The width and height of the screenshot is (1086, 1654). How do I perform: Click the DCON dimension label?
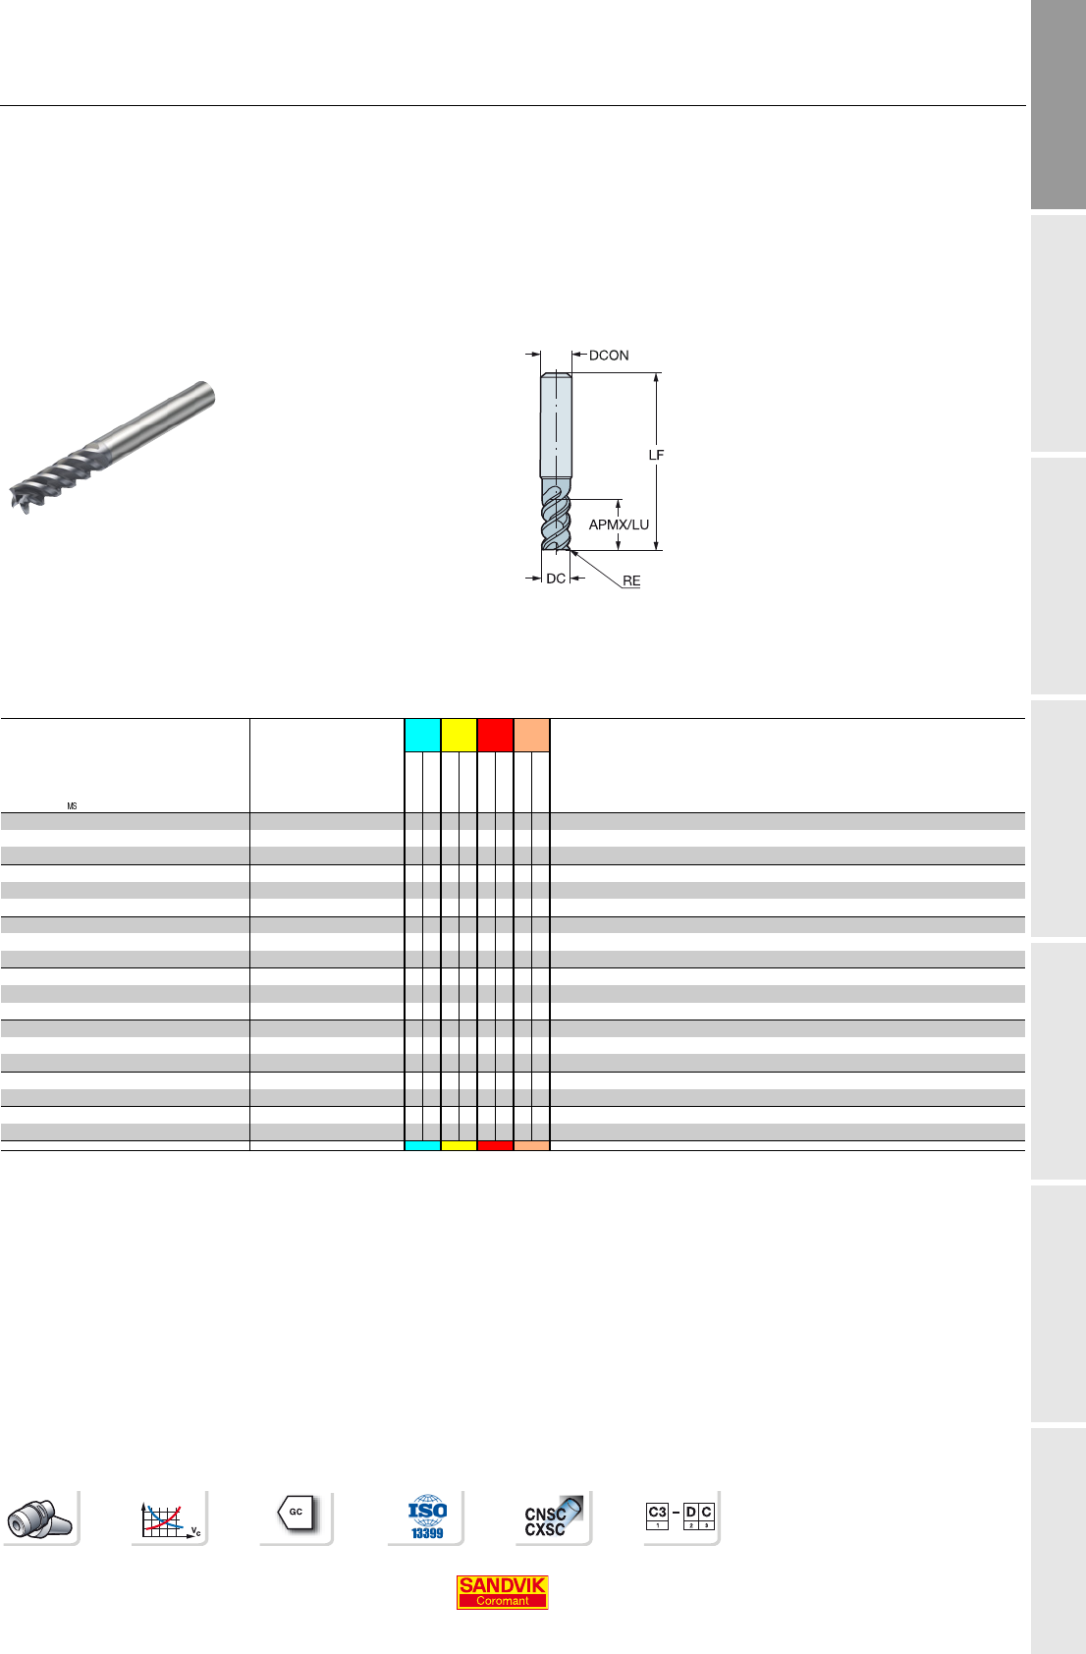pyautogui.click(x=609, y=356)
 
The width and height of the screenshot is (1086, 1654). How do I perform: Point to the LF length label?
pyautogui.click(x=656, y=455)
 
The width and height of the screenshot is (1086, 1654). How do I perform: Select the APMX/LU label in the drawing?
pyautogui.click(x=619, y=524)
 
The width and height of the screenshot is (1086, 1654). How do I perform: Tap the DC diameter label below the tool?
pyautogui.click(x=556, y=579)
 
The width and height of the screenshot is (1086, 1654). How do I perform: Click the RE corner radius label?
pyautogui.click(x=631, y=580)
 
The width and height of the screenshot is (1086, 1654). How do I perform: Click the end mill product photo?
pyautogui.click(x=112, y=447)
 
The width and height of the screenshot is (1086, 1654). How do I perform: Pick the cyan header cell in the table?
pyautogui.click(x=423, y=735)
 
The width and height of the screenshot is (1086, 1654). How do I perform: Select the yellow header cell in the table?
pyautogui.click(x=460, y=735)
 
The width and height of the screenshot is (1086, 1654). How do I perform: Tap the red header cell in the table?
pyautogui.click(x=496, y=735)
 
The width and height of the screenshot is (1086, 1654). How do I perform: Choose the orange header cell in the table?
pyautogui.click(x=531, y=735)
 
